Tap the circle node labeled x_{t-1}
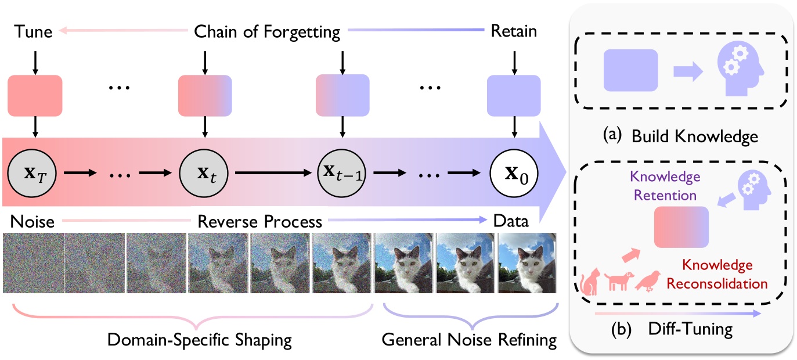point(342,173)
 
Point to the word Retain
point(514,31)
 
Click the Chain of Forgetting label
point(267,31)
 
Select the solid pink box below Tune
point(35,95)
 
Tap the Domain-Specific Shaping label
point(200,340)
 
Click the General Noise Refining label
point(469,340)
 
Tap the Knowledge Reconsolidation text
point(717,275)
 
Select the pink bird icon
point(648,282)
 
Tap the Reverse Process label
point(259,221)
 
